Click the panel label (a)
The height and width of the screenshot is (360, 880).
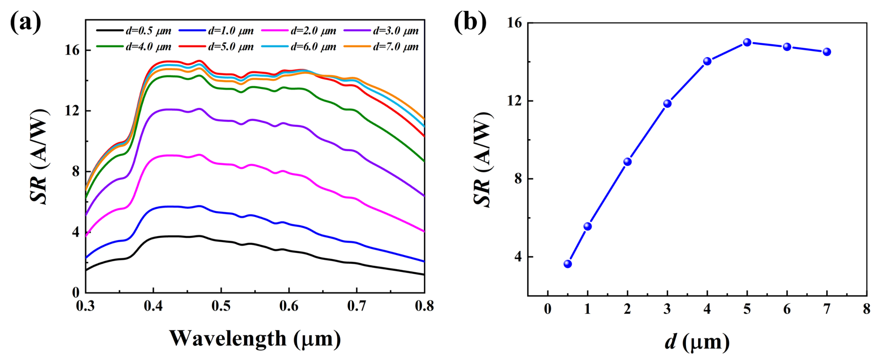pos(25,22)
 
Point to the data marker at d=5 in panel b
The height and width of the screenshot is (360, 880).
pos(747,42)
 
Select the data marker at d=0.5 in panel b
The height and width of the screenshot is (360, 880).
pos(568,264)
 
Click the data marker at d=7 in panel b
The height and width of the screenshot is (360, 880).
pos(827,52)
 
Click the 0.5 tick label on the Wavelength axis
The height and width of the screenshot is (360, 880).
pos(221,306)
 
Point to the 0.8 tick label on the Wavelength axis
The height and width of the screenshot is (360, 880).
pos(424,306)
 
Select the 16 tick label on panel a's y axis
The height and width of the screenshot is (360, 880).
pos(72,51)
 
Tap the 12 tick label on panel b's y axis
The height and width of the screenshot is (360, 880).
pos(514,101)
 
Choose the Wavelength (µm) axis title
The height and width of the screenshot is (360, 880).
pos(255,338)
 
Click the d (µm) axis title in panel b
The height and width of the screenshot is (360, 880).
pos(697,342)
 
